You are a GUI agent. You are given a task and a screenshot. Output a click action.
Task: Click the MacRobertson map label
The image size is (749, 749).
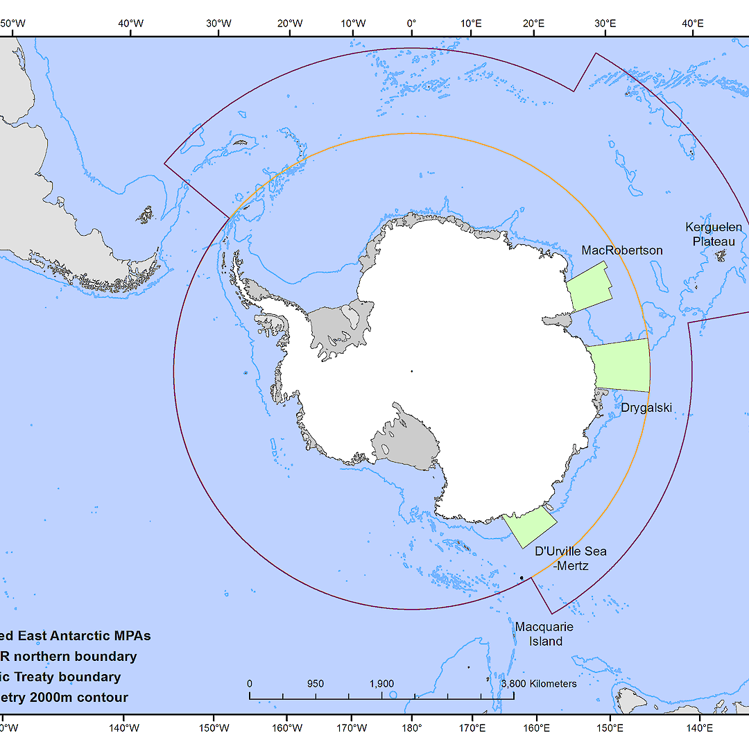click(x=622, y=250)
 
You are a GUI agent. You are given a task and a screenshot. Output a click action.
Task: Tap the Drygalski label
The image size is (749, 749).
click(x=646, y=408)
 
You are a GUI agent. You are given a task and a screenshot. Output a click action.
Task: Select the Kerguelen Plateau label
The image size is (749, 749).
click(x=713, y=234)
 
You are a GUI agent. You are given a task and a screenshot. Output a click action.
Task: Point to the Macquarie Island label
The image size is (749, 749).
click(x=544, y=634)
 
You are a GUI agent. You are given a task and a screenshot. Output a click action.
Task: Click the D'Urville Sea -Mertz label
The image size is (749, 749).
click(x=571, y=558)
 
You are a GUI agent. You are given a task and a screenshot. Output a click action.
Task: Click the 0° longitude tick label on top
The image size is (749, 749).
click(x=411, y=24)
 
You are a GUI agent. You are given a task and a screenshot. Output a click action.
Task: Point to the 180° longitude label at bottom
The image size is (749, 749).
click(x=411, y=728)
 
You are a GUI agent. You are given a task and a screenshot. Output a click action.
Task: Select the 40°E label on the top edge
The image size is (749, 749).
click(x=692, y=24)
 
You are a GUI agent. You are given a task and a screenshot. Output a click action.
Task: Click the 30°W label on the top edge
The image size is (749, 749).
click(x=218, y=24)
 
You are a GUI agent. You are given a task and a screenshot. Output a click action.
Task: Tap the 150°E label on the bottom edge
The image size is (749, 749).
click(x=610, y=728)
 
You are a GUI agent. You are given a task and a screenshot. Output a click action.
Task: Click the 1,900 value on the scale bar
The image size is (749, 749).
click(x=382, y=683)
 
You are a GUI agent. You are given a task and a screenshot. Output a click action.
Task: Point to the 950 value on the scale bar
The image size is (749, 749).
click(x=316, y=683)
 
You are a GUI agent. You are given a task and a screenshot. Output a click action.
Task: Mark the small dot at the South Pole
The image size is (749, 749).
click(x=411, y=371)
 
